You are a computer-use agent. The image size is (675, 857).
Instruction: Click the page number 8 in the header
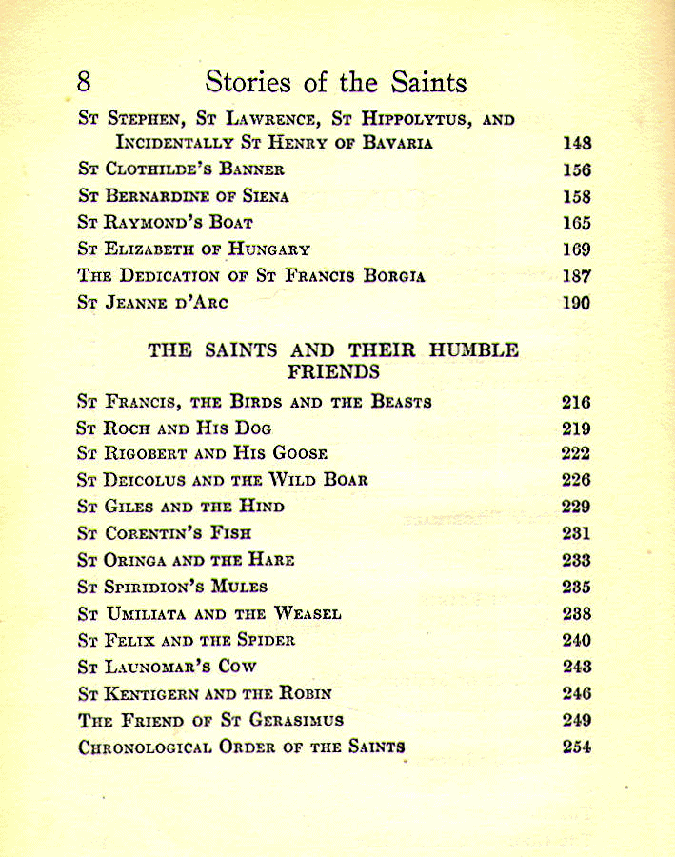[84, 82]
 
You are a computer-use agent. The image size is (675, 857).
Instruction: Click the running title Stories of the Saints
[336, 82]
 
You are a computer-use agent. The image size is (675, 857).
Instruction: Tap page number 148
[577, 144]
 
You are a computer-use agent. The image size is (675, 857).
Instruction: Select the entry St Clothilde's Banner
[181, 170]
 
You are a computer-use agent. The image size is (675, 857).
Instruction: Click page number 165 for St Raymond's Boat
[577, 224]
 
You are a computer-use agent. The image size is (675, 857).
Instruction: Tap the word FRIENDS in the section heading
[333, 371]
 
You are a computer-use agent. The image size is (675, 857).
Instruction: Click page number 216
[577, 403]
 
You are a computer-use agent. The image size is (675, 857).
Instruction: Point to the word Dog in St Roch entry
[252, 428]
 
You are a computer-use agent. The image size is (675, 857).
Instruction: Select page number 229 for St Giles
[577, 508]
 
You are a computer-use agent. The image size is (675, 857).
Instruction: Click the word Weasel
[308, 614]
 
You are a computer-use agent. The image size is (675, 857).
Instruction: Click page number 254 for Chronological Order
[577, 747]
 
